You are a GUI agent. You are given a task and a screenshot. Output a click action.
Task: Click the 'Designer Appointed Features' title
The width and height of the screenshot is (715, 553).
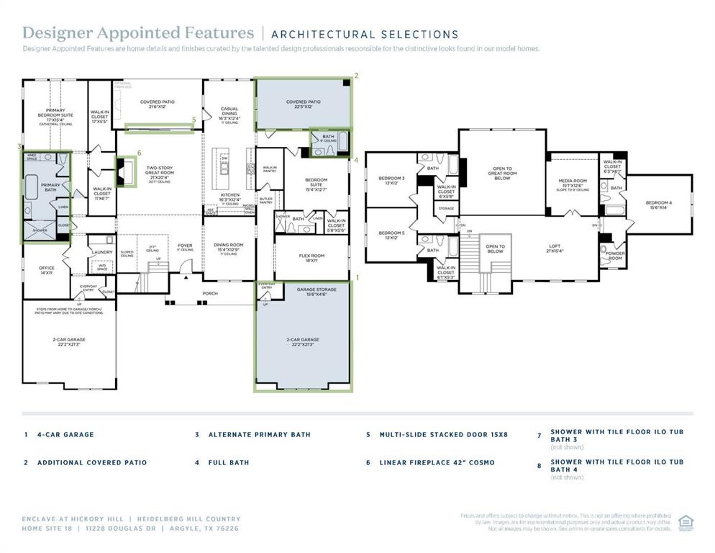pyautogui.click(x=138, y=33)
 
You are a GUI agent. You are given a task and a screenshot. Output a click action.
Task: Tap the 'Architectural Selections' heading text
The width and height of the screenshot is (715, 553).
pyautogui.click(x=365, y=34)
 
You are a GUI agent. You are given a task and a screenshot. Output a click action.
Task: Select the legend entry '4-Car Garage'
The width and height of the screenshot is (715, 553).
pyautogui.click(x=65, y=435)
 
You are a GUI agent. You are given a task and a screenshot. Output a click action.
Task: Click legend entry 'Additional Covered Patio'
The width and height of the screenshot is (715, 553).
pyautogui.click(x=91, y=462)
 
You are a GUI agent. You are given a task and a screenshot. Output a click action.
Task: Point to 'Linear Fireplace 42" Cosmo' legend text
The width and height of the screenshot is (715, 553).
pyautogui.click(x=437, y=462)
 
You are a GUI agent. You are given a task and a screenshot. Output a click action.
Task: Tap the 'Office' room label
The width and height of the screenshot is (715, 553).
pyautogui.click(x=47, y=270)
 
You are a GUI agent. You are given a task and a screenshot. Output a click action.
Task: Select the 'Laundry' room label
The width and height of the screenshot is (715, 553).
pyautogui.click(x=101, y=252)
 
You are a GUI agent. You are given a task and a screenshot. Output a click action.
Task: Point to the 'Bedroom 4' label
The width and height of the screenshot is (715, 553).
pyautogui.click(x=658, y=204)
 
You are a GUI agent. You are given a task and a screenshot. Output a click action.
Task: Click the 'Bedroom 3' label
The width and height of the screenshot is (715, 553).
pyautogui.click(x=391, y=180)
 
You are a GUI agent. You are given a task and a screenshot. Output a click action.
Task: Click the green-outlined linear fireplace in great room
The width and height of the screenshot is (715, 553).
pyautogui.click(x=126, y=172)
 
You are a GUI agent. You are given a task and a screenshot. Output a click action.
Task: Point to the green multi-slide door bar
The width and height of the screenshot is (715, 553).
pyautogui.click(x=159, y=129)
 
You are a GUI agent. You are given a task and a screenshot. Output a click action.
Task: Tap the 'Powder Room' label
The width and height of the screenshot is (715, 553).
pyautogui.click(x=615, y=256)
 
